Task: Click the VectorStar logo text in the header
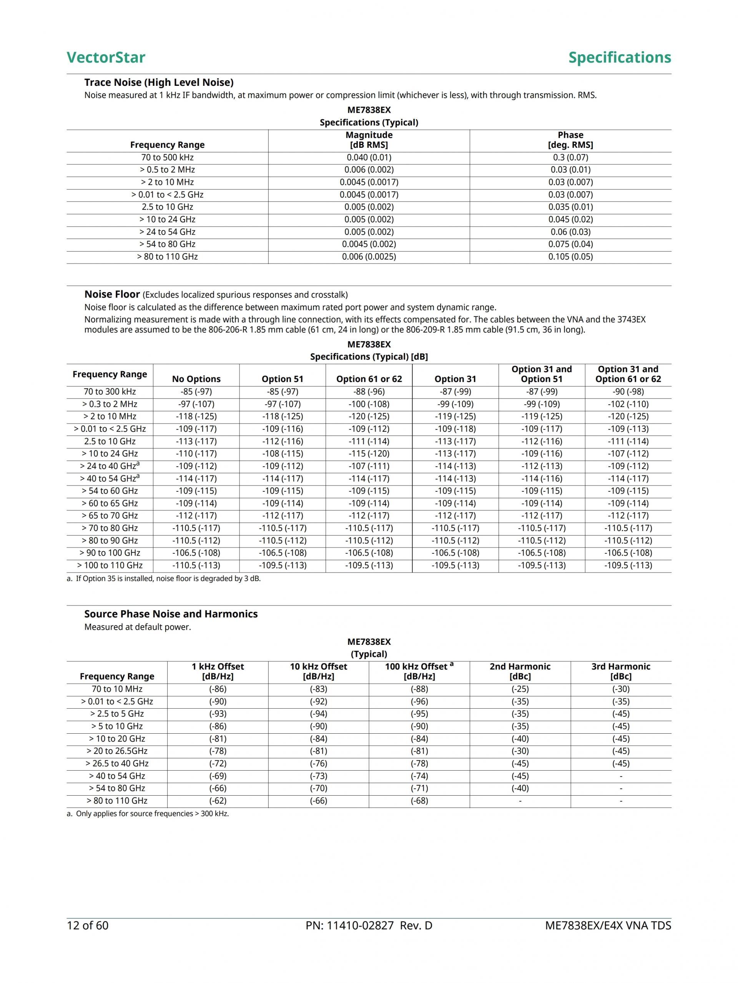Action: coord(106,57)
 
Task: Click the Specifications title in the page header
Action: coord(620,57)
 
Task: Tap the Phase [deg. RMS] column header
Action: coord(570,140)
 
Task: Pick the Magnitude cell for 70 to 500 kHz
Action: coord(369,157)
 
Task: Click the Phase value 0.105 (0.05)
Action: coord(570,256)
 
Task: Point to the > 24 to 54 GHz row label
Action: coord(168,232)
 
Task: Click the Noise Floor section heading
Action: coord(112,294)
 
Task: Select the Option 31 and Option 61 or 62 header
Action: coord(628,374)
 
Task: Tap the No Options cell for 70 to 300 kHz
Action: coord(196,392)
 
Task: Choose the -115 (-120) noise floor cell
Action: coord(369,454)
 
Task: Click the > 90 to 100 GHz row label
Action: coord(110,553)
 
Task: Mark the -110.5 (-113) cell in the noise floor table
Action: coord(196,565)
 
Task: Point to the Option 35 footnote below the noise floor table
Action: coord(164,579)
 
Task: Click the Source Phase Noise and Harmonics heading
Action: coord(171,614)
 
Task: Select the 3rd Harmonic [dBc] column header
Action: coord(620,671)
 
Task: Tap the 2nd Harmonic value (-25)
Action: coord(520,689)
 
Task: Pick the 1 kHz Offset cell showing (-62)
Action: coord(218,800)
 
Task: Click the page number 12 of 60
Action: coord(88,925)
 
